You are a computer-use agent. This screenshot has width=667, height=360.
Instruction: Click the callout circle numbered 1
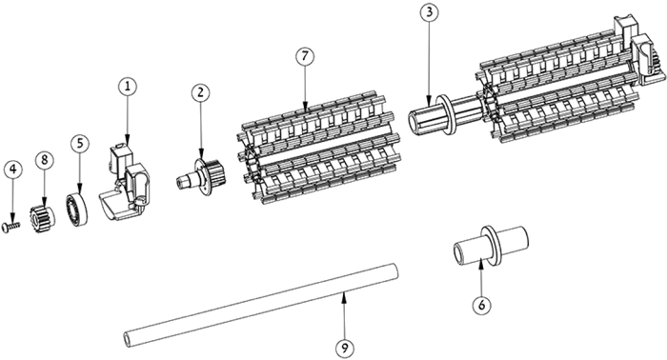(x=128, y=87)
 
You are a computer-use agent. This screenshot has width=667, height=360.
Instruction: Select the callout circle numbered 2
(x=200, y=92)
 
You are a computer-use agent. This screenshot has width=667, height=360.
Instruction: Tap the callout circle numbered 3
(x=429, y=12)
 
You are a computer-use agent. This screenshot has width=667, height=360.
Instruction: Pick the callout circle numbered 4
(x=12, y=170)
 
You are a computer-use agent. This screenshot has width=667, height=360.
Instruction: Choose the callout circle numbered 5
(x=80, y=144)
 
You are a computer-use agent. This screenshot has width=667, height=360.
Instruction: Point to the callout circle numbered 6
(x=481, y=305)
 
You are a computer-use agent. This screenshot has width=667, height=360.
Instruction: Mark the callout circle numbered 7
(x=305, y=57)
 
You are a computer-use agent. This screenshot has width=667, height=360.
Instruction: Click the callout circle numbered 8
(x=45, y=160)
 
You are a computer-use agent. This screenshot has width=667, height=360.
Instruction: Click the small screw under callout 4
(x=11, y=228)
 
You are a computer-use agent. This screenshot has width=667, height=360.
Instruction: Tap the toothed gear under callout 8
(x=42, y=217)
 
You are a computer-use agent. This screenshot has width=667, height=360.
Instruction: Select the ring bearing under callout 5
(x=76, y=210)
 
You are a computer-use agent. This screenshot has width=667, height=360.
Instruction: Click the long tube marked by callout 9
(x=261, y=306)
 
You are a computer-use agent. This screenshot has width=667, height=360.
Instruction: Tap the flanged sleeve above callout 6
(x=490, y=247)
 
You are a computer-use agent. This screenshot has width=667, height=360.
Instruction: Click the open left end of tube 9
(x=127, y=339)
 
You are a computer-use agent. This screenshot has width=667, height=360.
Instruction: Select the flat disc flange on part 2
(x=204, y=178)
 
